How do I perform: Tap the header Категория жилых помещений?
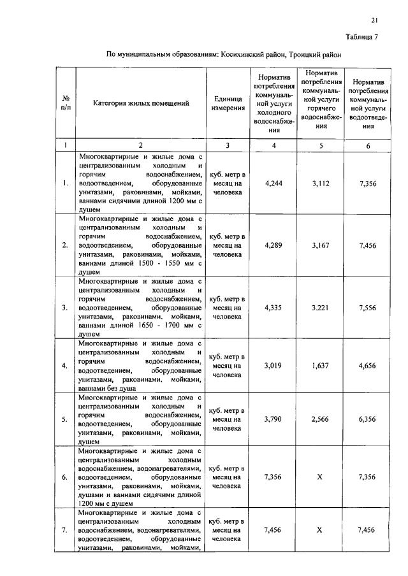point(141,103)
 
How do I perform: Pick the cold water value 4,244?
point(274,184)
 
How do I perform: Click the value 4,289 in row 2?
point(274,245)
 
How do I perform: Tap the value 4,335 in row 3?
point(274,307)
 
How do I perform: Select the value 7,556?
point(368,307)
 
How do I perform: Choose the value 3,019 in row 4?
point(274,366)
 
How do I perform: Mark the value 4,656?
point(368,366)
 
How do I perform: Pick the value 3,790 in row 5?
point(274,419)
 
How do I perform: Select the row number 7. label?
point(65,530)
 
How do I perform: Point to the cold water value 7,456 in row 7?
point(274,530)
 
